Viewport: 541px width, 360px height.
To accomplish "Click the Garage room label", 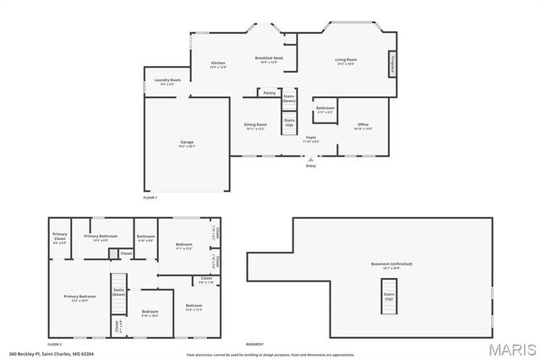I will point(187,145).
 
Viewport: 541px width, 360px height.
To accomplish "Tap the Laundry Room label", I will point(169,81).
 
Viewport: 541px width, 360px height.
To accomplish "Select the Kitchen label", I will point(218,64).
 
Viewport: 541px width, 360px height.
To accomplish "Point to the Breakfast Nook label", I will point(269,58).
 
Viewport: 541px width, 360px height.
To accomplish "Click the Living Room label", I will point(346,60).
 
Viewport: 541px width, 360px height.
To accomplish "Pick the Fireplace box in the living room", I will point(392,63).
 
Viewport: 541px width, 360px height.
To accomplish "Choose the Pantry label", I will point(269,93).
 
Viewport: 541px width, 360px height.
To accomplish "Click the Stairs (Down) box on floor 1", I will point(289,98).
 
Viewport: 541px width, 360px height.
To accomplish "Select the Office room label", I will point(363,126).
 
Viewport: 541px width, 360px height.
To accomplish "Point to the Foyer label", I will point(311,137).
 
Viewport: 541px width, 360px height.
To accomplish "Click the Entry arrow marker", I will point(310,159).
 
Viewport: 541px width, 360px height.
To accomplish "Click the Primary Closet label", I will point(60,237).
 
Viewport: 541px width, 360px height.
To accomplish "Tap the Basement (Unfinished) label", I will point(390,265).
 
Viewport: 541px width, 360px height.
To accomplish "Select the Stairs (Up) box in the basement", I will point(389,297).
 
